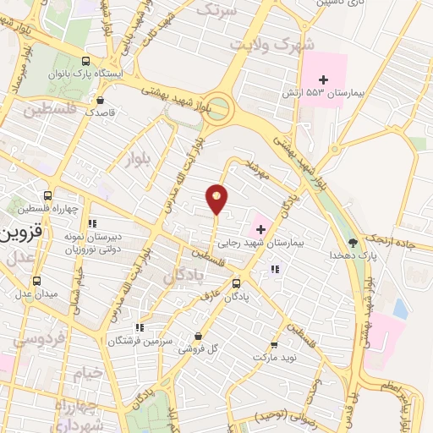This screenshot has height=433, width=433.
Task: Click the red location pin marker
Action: [x=217, y=198]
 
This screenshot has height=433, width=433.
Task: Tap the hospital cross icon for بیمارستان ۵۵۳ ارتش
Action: [x=322, y=79]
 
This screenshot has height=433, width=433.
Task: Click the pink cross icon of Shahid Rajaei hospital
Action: [x=259, y=227]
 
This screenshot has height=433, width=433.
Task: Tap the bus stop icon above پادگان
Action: [x=236, y=283]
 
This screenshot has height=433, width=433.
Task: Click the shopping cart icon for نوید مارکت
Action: [x=274, y=345]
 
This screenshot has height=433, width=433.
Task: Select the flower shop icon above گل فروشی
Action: [x=198, y=336]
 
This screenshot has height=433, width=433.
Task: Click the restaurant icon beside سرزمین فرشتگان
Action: [x=140, y=326]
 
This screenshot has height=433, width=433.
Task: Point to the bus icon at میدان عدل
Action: [x=36, y=281]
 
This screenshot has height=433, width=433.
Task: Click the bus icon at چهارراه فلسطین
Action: [x=58, y=195]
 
